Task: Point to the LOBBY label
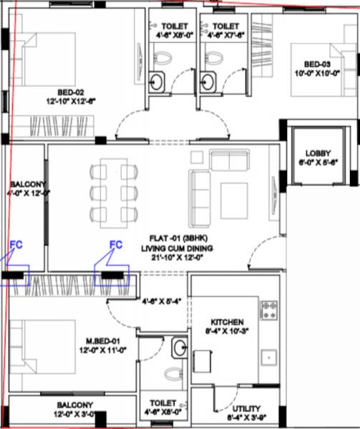point(317,153)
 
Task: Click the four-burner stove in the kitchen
point(269,310)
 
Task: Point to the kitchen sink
point(270,355)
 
